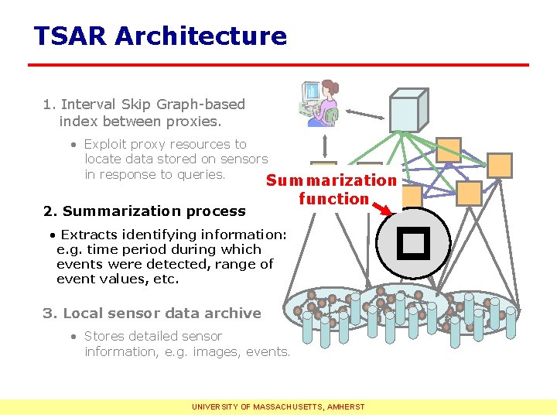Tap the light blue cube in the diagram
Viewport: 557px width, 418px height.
[408, 110]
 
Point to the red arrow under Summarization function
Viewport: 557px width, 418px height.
[386, 206]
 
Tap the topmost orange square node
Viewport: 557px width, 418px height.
[448, 149]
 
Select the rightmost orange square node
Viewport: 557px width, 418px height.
[500, 165]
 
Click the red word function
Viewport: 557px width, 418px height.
[333, 199]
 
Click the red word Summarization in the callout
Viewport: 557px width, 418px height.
[331, 180]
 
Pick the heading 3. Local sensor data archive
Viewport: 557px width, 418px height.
[152, 313]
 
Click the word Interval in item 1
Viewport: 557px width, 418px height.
[86, 104]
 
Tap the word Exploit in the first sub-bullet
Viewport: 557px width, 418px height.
[108, 144]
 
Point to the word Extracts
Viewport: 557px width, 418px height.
[84, 235]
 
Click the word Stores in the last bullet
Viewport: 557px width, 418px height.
[104, 336]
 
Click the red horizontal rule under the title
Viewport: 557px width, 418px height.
[278, 64]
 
